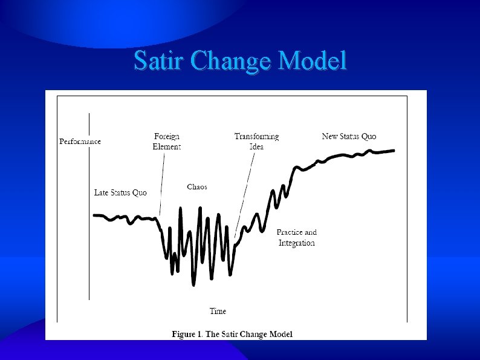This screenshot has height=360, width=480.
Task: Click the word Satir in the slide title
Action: [159, 61]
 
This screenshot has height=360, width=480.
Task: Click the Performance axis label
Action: [80, 142]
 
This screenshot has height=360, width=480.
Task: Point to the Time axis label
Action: [218, 311]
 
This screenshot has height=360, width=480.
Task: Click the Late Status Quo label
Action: [120, 193]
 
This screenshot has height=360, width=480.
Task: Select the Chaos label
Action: [197, 187]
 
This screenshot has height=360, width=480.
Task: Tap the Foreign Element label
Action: [166, 142]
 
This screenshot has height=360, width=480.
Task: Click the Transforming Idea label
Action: [257, 142]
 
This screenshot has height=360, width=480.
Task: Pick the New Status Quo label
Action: [349, 137]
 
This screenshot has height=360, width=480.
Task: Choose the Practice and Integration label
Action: [296, 237]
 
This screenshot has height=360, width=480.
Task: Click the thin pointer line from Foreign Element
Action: [162, 182]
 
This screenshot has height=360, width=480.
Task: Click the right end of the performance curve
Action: [394, 150]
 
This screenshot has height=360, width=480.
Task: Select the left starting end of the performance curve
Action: [94, 215]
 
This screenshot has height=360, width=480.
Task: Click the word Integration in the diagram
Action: [296, 243]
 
